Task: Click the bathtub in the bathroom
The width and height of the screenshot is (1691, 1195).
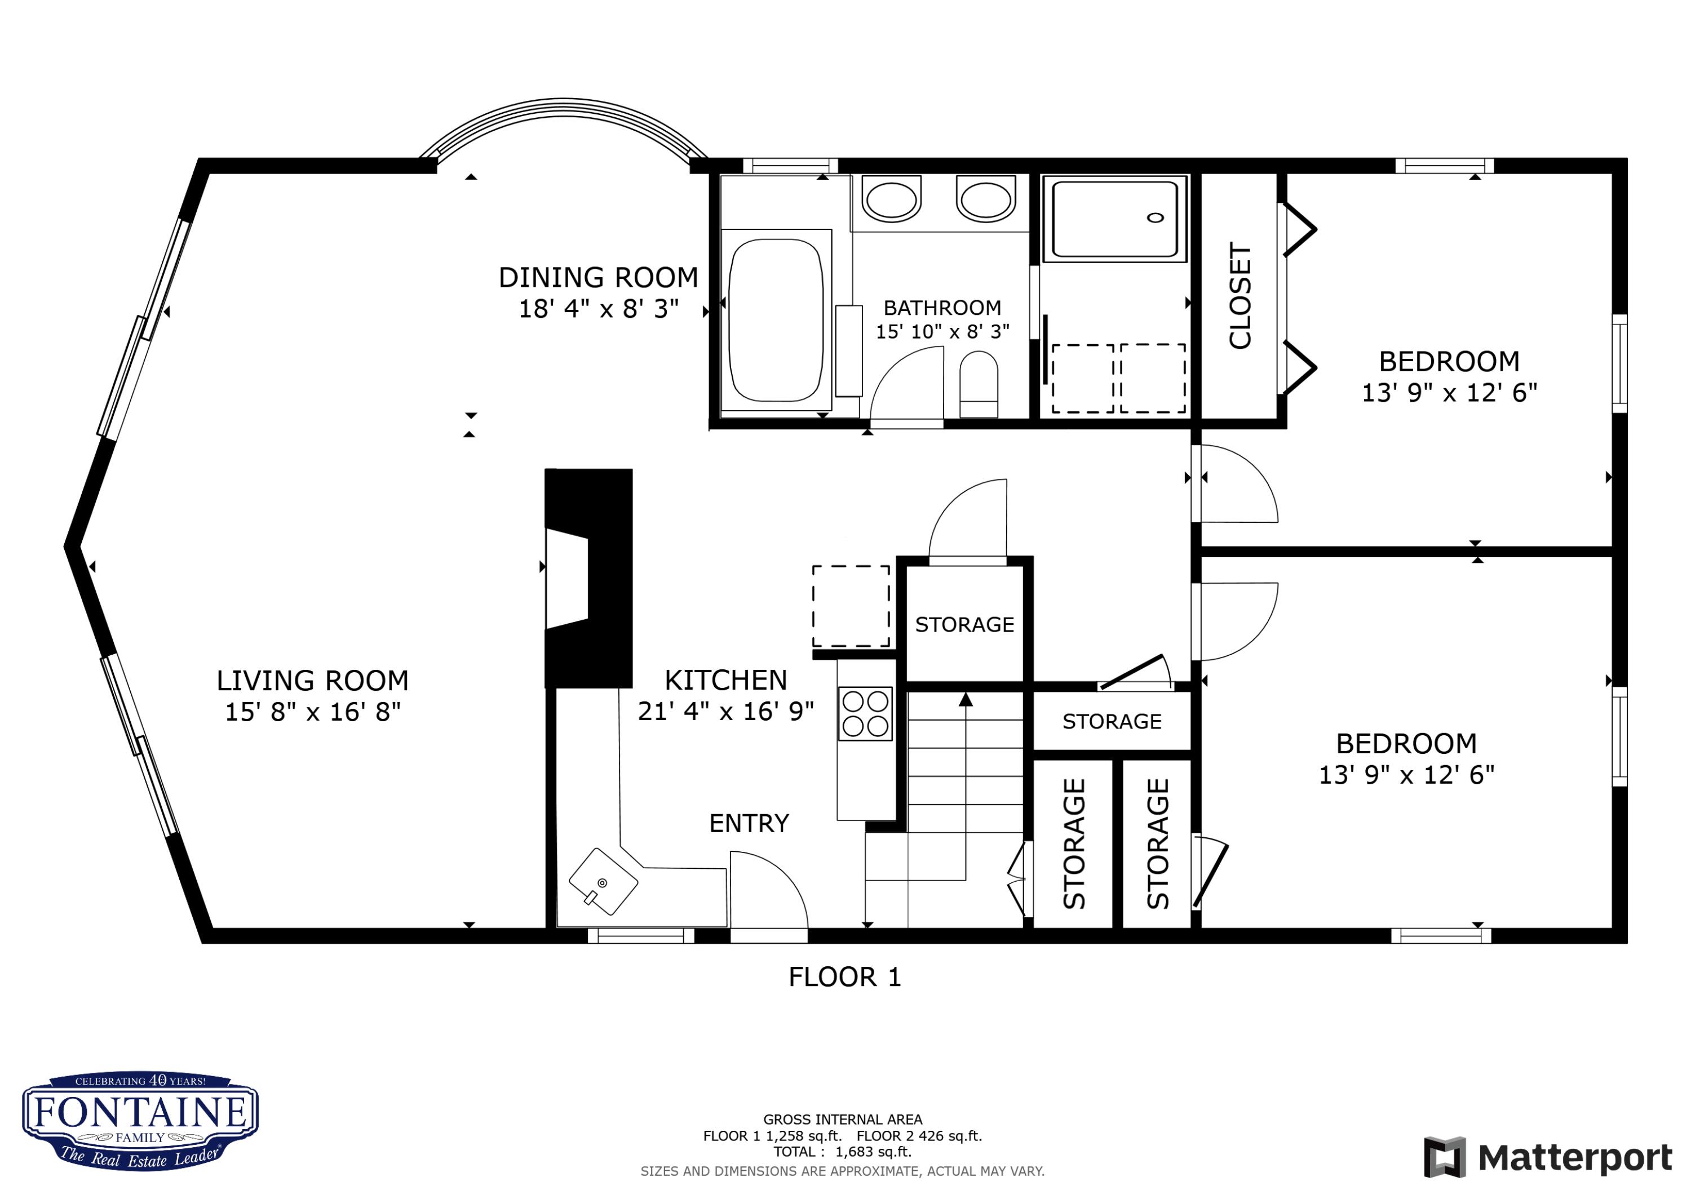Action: tap(776, 319)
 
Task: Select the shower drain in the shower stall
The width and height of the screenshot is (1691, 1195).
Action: tap(1156, 217)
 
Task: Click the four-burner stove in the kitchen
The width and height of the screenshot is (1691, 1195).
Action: tap(865, 713)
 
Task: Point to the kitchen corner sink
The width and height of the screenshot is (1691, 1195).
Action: tap(603, 882)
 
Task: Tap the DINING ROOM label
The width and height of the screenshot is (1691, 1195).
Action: tap(598, 278)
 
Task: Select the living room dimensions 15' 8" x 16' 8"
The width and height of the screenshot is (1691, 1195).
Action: tap(313, 712)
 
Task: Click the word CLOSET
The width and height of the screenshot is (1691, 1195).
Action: tap(1240, 295)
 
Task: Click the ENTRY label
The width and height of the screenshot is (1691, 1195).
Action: tap(749, 823)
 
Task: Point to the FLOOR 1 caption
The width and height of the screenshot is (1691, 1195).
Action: tap(845, 977)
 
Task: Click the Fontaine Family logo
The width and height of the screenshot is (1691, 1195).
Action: tap(140, 1121)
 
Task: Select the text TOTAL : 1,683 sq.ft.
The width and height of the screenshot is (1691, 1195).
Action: tap(843, 1152)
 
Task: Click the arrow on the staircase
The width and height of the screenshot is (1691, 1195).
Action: tap(966, 699)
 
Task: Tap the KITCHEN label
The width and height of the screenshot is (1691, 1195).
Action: tap(725, 681)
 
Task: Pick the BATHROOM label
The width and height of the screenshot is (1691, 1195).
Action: tap(942, 308)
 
